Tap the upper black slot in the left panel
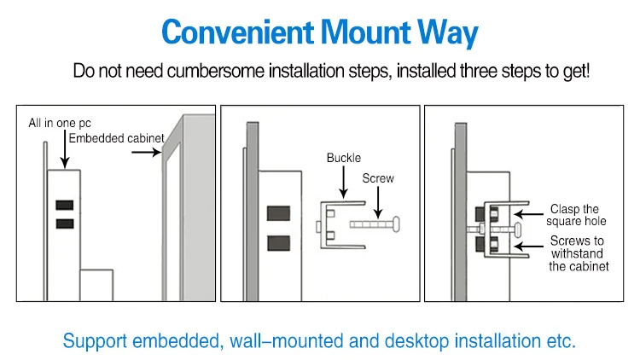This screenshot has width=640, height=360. [64, 206]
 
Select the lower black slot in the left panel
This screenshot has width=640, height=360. [64, 224]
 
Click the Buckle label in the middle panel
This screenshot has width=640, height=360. [343, 159]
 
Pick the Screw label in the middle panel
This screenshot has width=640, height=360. [378, 179]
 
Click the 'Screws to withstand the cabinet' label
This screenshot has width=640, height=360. [577, 253]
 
